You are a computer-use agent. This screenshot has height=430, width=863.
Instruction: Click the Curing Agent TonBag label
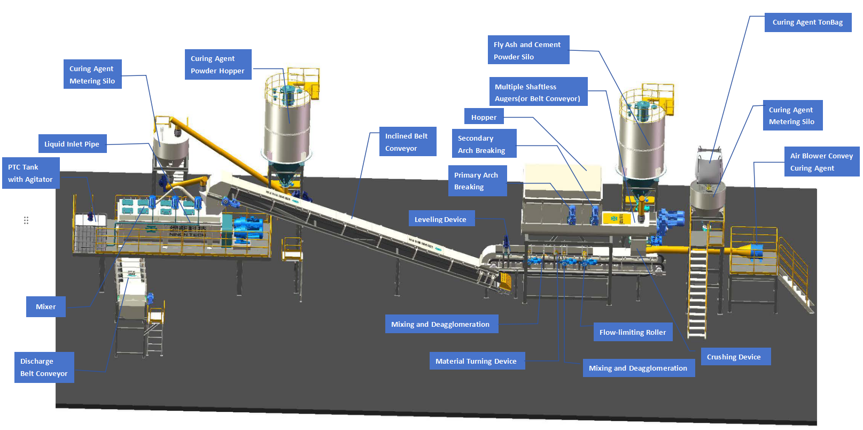tap(807, 22)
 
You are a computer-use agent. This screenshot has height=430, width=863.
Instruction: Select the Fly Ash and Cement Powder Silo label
tap(528, 50)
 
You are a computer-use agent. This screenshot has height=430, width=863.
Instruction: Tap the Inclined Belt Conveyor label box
tap(407, 142)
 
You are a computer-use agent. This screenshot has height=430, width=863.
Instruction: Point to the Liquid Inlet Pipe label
tap(72, 144)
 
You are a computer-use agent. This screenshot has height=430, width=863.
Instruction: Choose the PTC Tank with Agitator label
tap(30, 173)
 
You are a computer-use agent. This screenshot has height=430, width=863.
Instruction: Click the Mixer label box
tap(46, 307)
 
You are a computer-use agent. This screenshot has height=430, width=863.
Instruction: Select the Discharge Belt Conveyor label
tap(44, 367)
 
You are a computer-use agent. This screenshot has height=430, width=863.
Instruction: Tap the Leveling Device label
tap(441, 219)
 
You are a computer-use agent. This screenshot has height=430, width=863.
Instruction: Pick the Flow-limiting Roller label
tap(632, 332)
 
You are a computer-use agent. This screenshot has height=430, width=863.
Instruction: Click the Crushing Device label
tap(734, 357)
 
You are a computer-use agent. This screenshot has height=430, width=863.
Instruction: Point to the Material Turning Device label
tap(476, 361)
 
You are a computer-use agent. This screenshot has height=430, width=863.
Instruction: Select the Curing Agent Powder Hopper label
tap(217, 65)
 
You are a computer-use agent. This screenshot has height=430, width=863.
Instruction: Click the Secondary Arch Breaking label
tap(483, 144)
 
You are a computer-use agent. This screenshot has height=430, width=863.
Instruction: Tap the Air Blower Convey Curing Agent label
tap(821, 162)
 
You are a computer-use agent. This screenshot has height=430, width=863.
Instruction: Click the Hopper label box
tap(484, 117)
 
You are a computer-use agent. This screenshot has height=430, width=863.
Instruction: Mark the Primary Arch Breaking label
tap(477, 181)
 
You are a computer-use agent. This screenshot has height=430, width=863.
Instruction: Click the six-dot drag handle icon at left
tap(26, 220)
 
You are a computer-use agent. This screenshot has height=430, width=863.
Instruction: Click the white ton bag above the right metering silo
tap(709, 163)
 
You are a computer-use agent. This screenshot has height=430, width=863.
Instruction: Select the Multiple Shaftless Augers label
tap(538, 92)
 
